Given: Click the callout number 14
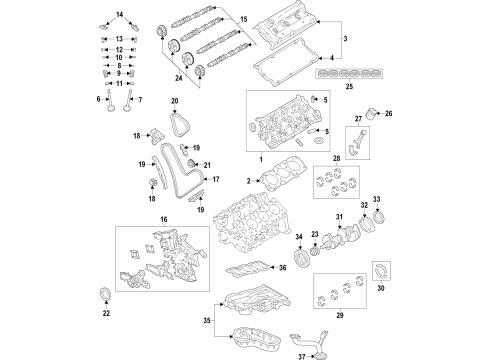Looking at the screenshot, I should click(120, 12).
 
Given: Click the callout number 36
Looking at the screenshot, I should click(284, 267).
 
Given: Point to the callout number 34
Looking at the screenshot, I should click(298, 236).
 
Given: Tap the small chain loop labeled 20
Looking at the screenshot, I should click(178, 126).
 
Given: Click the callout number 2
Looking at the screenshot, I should click(246, 180).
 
